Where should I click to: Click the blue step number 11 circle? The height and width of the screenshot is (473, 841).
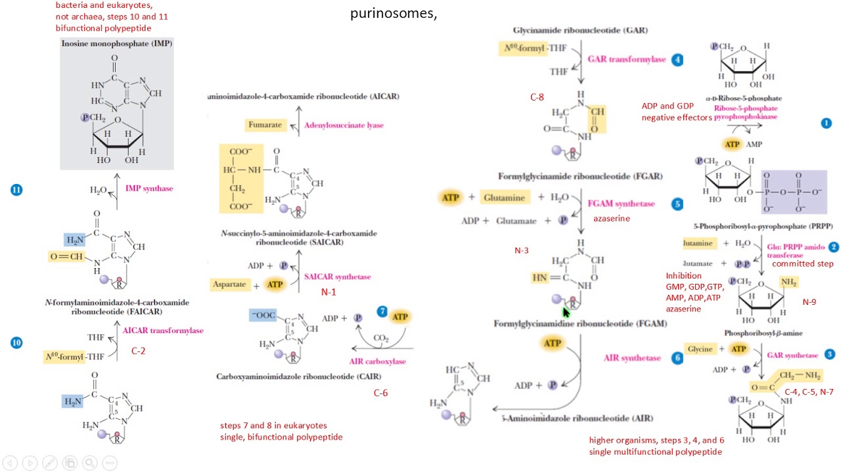coord(16,190)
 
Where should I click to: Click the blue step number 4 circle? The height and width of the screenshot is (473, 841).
coord(677,59)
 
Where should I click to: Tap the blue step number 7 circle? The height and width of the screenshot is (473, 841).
coord(383,311)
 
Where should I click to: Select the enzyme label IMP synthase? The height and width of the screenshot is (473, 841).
coord(149,189)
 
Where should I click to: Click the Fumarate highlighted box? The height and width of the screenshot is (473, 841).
coord(265,124)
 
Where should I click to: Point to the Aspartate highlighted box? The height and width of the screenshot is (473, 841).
coord(229,284)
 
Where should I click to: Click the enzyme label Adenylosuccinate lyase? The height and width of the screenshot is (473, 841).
coord(344,124)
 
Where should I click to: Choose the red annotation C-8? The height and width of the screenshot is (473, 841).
coord(537,97)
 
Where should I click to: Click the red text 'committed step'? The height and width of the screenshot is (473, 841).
coord(802,264)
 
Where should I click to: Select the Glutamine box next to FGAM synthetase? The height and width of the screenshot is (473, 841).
coord(504,198)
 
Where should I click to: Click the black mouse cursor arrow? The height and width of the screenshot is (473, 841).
coord(567,312)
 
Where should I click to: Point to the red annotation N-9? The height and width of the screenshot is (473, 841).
coord(809,302)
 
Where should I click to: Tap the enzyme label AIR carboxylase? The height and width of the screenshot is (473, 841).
coord(377,361)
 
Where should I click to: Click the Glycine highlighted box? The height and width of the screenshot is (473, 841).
coord(700,349)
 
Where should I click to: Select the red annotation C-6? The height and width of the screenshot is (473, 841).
coord(380,393)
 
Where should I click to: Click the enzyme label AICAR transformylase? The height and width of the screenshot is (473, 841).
coord(163,330)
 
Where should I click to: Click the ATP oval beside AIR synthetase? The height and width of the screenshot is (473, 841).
coord(552,344)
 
